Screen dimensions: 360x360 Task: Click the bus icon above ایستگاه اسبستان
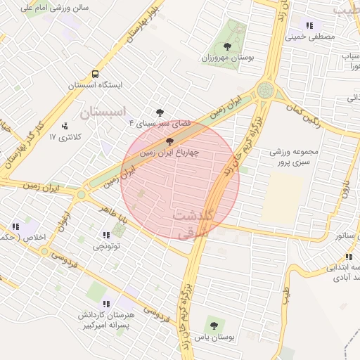pos(95,74)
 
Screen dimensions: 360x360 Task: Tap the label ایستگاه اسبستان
pos(96,84)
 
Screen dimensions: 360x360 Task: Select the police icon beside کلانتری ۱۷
pos(65,126)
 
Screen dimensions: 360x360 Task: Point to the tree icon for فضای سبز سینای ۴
pos(160,112)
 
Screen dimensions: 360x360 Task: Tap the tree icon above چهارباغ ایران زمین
pos(168,141)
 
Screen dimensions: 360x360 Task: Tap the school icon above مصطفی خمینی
pos(309,25)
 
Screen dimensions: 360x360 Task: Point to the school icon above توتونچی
pos(106,235)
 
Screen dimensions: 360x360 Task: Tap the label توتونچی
pos(107,246)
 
